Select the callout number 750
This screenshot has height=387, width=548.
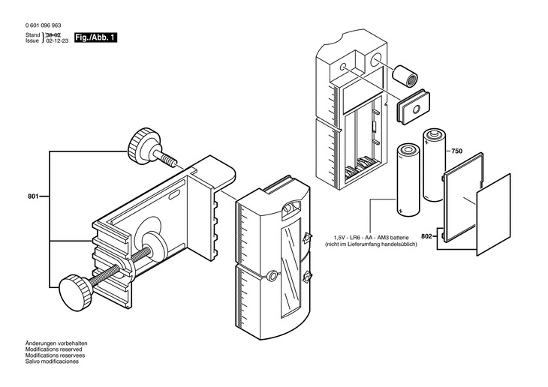(456, 151)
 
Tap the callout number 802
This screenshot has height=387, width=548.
(426, 237)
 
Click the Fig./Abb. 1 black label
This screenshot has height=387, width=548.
(95, 37)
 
